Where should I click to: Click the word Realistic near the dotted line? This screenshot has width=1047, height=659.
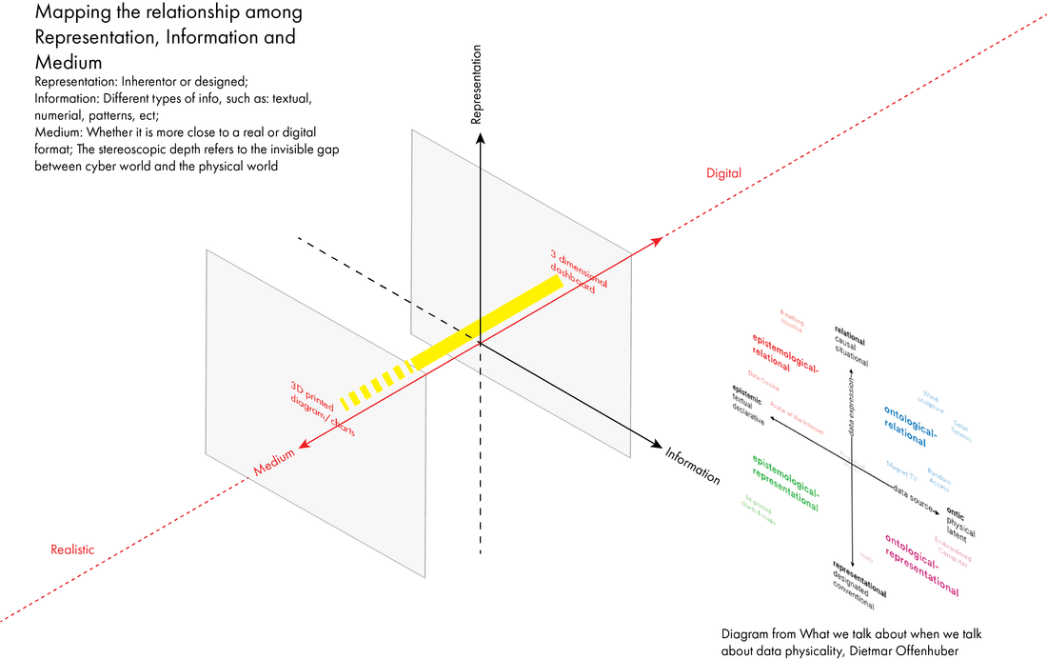pyautogui.click(x=71, y=549)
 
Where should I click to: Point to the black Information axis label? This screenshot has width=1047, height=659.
pyautogui.click(x=693, y=466)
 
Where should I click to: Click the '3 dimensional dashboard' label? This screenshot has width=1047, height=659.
pyautogui.click(x=577, y=271)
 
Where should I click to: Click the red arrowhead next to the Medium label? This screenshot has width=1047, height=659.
pyautogui.click(x=302, y=444)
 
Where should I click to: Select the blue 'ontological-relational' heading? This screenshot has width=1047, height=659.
pyautogui.click(x=910, y=425)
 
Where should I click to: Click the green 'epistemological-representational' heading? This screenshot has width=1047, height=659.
pyautogui.click(x=785, y=480)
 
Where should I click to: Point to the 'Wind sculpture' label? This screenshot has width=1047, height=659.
pyautogui.click(x=931, y=401)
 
